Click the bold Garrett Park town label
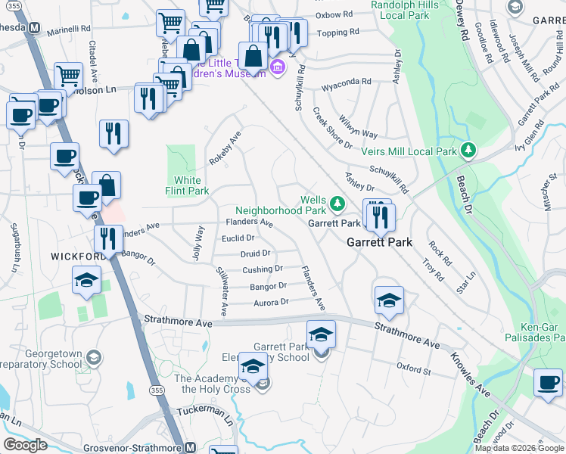pos(379,243)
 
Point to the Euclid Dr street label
pos(238,238)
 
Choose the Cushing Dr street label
pos(263,269)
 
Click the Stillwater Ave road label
pos(222,291)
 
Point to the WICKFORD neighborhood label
pos(76,257)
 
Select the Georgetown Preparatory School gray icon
pos(93,356)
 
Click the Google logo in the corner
pos(26,445)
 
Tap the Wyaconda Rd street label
pos(346,81)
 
